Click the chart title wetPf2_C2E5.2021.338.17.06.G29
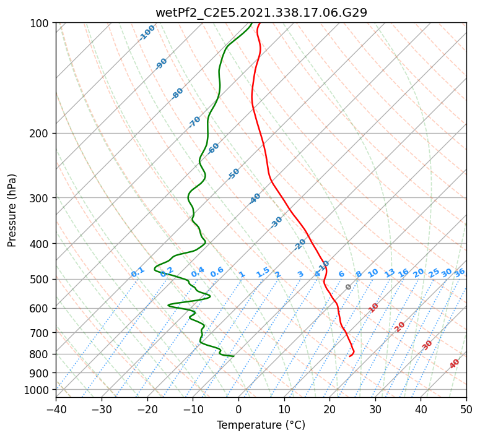261,12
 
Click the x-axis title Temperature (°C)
261,426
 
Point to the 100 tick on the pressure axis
41,23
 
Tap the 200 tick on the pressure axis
41,133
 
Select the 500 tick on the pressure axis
41,279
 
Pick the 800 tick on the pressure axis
41,354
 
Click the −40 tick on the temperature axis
56,409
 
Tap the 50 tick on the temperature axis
466,409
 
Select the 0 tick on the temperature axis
238,409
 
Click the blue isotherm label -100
147,33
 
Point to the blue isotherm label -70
194,121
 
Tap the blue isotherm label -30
276,222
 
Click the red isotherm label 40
455,364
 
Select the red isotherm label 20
399,327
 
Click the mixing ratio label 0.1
137,272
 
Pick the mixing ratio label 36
460,272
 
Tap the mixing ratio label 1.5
263,272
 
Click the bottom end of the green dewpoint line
233,356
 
